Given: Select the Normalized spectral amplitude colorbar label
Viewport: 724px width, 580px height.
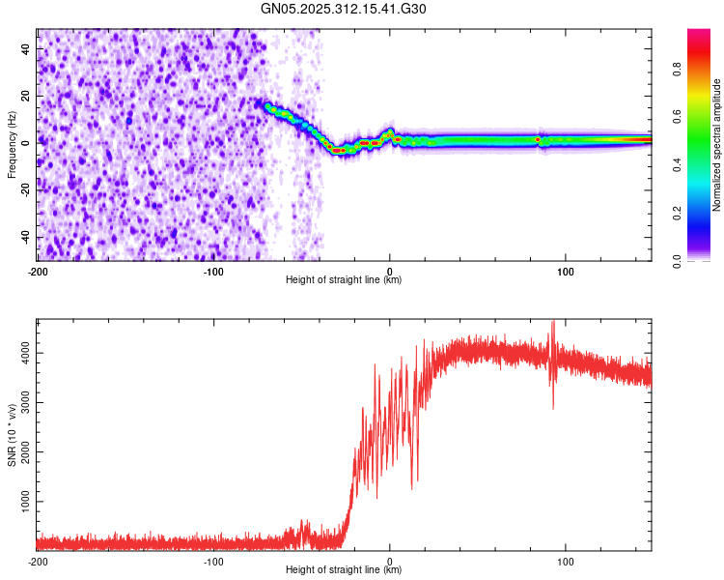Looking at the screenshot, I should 717,145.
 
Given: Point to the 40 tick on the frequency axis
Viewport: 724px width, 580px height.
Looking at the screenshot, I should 25,47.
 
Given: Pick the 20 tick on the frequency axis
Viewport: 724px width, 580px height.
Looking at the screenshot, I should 25,95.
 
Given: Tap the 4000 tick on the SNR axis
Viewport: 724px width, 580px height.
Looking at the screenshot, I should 19,354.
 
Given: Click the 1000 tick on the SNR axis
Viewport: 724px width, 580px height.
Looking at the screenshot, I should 19,502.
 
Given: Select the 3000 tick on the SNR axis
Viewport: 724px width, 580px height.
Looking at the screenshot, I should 19,403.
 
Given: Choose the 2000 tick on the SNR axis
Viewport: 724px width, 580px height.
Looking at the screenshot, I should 19,452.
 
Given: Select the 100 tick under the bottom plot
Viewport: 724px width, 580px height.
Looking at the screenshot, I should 566,562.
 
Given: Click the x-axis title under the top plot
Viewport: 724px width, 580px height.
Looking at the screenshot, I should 344,280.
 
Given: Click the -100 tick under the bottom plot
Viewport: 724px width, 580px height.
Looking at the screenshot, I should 213,562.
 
